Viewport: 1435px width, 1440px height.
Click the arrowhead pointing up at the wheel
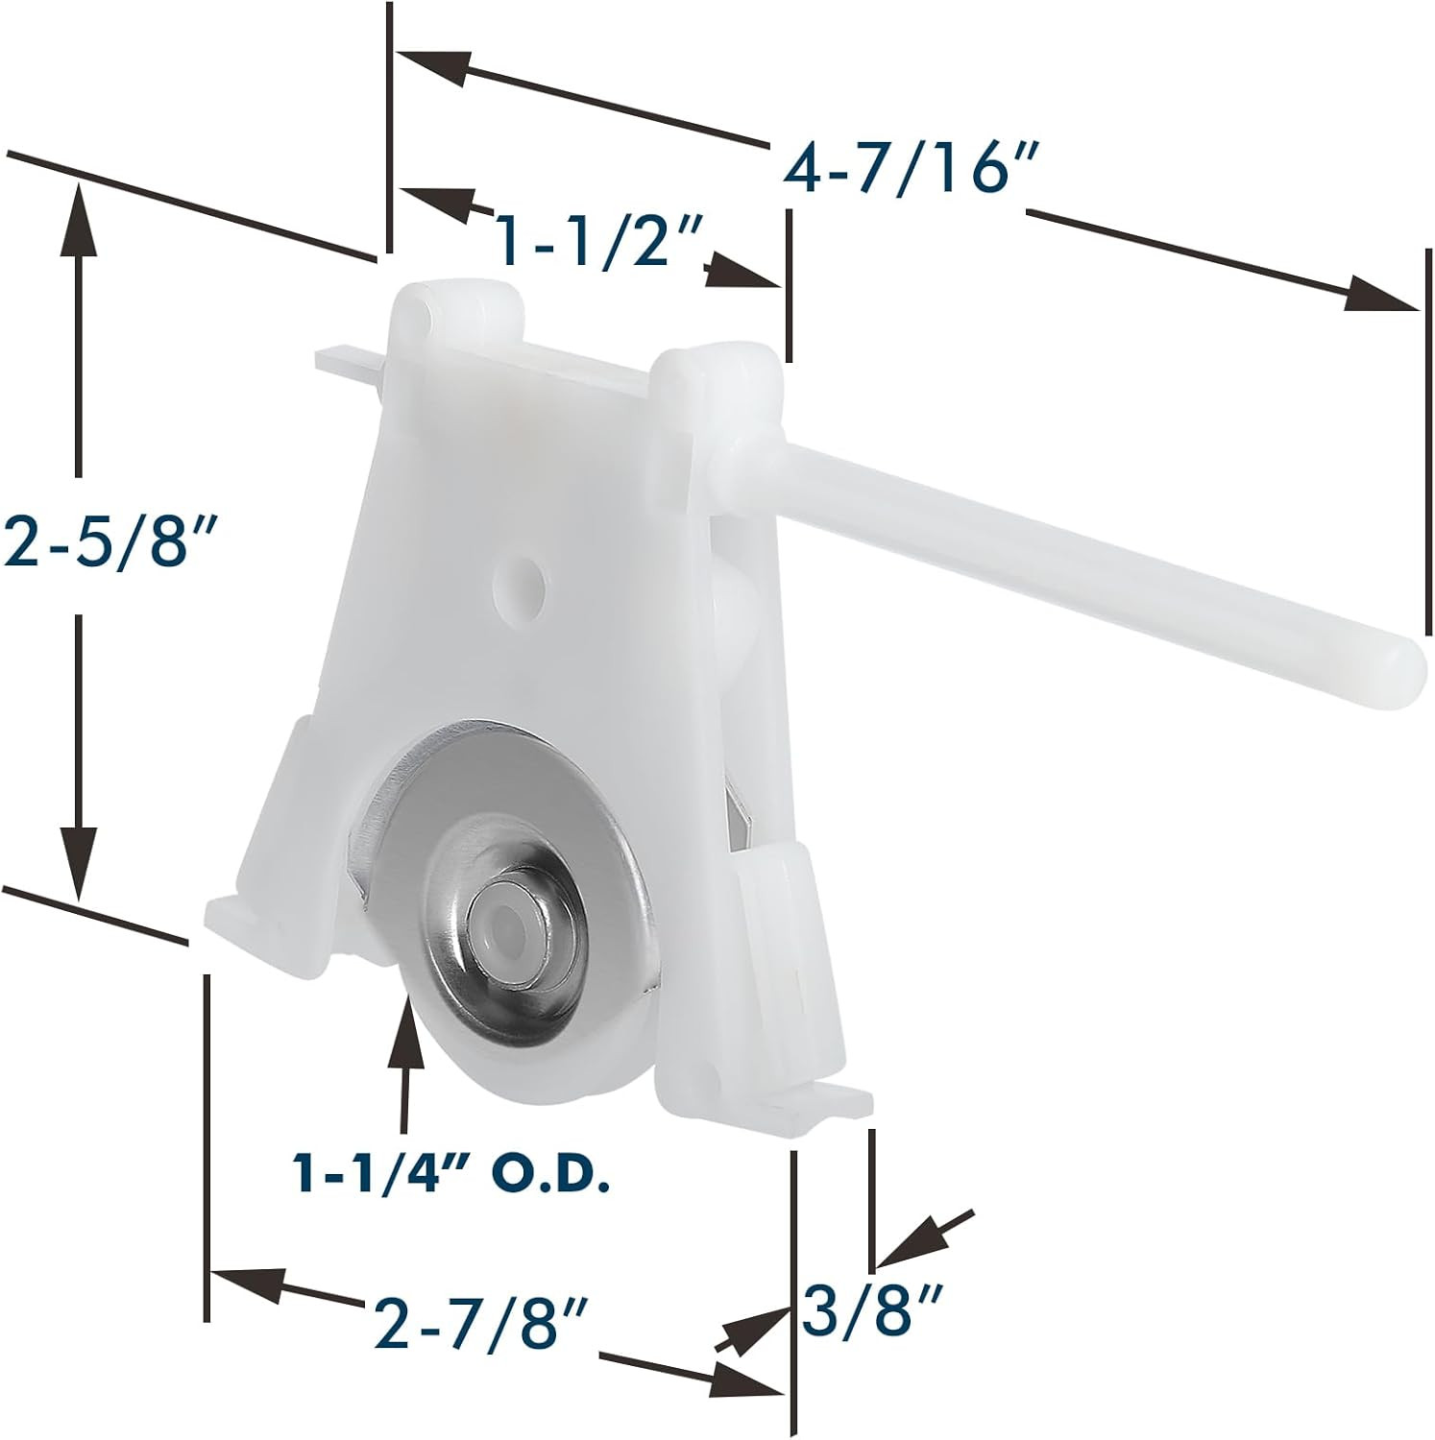tap(404, 1027)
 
